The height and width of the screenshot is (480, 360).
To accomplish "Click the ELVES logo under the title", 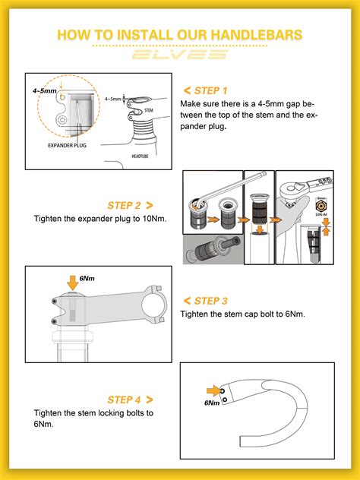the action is click(x=180, y=55).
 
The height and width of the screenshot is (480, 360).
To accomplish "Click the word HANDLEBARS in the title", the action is click(x=257, y=35).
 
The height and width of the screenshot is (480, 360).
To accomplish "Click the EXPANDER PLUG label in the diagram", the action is click(x=67, y=145).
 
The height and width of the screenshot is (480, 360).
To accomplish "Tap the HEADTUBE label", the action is click(x=140, y=156).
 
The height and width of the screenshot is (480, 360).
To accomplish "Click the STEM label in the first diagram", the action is click(x=148, y=110).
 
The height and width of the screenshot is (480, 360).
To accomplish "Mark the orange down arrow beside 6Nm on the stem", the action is click(x=73, y=283).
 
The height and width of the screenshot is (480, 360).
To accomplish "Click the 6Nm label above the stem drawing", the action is click(x=87, y=278).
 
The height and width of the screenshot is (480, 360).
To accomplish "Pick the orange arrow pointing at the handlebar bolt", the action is click(x=213, y=391).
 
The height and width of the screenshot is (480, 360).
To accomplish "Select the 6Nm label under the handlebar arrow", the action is click(x=212, y=403).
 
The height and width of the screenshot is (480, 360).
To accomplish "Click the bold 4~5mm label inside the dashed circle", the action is click(x=45, y=90).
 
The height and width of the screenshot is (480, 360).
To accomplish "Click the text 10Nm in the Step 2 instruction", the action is click(x=154, y=219).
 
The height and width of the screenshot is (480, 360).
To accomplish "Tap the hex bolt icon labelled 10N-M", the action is click(x=321, y=206).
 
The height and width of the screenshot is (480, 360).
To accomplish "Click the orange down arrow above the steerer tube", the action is click(x=260, y=229).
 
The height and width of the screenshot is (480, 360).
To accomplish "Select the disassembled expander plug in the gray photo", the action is click(x=213, y=248).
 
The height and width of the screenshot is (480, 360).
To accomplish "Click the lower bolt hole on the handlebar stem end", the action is click(x=225, y=399).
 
